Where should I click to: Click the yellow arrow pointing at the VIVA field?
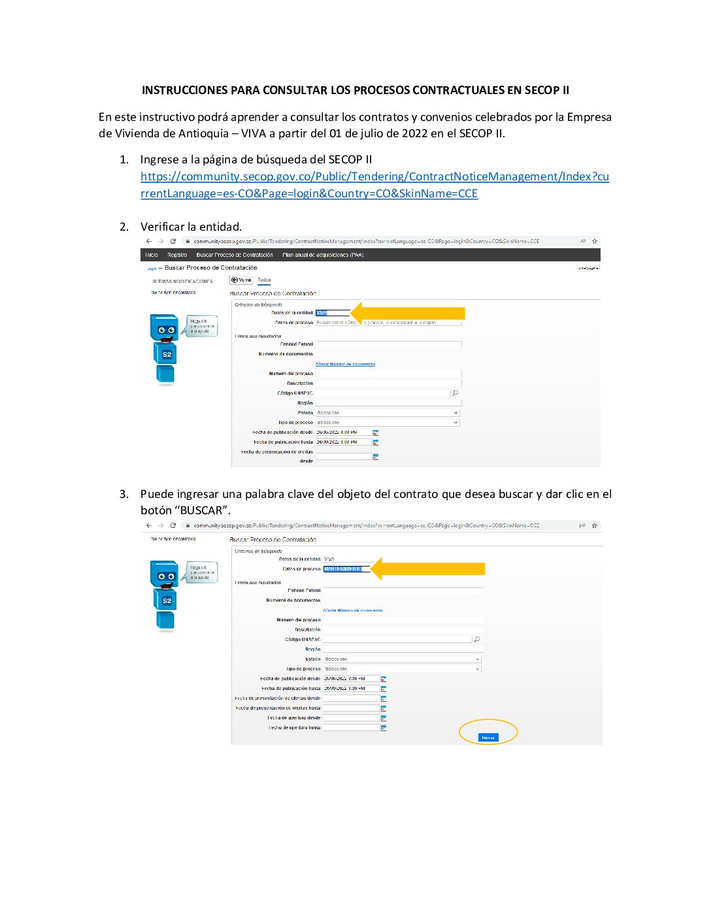(x=408, y=313)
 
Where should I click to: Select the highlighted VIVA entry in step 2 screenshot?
(x=322, y=313)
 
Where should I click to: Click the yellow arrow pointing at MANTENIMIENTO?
(x=427, y=569)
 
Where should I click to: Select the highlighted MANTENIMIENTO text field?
(x=343, y=569)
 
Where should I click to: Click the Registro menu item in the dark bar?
(x=177, y=255)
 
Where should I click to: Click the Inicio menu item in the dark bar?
(x=152, y=255)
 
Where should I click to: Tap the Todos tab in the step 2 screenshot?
(x=264, y=280)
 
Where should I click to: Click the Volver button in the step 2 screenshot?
(x=242, y=280)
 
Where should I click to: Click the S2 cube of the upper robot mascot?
(x=167, y=354)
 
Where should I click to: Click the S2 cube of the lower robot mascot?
(x=167, y=600)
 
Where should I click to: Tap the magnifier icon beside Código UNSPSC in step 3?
(x=477, y=640)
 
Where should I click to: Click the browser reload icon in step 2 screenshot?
(x=173, y=241)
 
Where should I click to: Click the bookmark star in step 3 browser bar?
(x=595, y=525)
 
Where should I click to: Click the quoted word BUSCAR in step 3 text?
(x=202, y=510)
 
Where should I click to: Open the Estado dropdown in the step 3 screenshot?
(x=402, y=659)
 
